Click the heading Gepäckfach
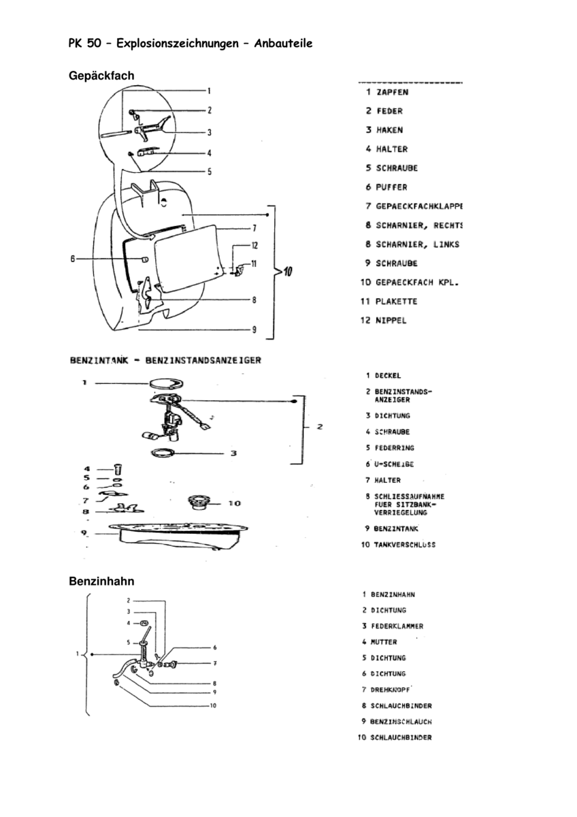[x=101, y=76]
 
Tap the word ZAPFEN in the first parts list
[x=394, y=93]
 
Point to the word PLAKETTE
[x=396, y=301]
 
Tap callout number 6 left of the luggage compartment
[x=72, y=259]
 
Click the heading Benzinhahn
[x=101, y=581]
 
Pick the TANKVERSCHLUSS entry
[x=404, y=545]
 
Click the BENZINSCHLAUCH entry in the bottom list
[x=401, y=722]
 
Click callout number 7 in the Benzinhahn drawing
[x=214, y=662]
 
